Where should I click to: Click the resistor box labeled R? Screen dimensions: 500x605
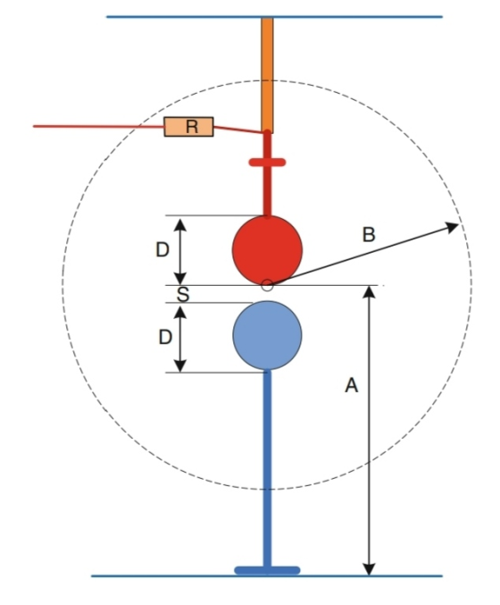click(x=189, y=127)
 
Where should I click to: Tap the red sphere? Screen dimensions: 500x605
click(x=267, y=250)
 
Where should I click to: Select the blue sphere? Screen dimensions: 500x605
click(x=267, y=335)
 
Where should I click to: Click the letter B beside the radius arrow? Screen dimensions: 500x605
click(x=369, y=235)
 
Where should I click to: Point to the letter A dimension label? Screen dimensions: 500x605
click(x=351, y=385)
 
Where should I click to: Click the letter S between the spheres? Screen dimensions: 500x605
click(x=183, y=294)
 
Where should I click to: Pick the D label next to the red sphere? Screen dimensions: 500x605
click(x=162, y=250)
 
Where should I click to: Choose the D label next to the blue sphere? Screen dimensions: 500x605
click(x=165, y=338)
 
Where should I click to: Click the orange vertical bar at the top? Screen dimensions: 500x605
click(x=267, y=75)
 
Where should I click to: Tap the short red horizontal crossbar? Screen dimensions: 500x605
click(x=267, y=163)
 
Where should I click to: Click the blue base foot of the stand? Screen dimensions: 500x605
click(x=267, y=570)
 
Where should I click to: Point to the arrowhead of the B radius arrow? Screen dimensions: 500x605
click(x=452, y=227)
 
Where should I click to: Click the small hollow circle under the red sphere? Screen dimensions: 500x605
click(x=267, y=286)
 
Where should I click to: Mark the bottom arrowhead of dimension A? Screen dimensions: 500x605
click(x=370, y=569)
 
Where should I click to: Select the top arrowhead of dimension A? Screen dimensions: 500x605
click(x=370, y=292)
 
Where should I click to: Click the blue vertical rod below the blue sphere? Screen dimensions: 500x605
click(x=267, y=468)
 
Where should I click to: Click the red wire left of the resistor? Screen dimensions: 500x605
click(x=99, y=126)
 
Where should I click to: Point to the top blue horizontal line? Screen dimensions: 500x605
click(x=274, y=17)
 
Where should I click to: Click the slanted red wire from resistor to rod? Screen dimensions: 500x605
click(x=238, y=130)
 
